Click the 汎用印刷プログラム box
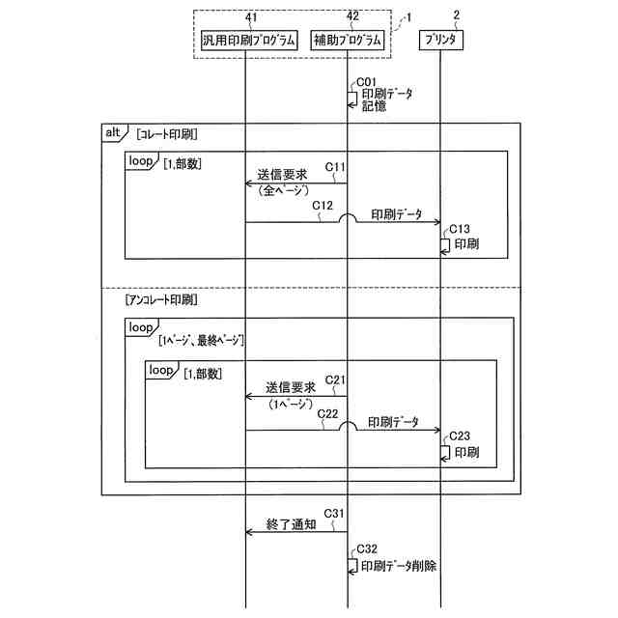coord(247,42)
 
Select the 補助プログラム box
coord(348,42)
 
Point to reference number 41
coord(252,17)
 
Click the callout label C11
coord(335,167)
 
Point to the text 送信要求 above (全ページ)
coord(282,176)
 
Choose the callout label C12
coord(323,205)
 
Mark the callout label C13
coord(460,228)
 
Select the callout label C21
coord(335,379)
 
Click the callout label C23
coord(460,435)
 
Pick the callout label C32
coord(367,548)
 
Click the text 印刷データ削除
coord(399,566)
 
